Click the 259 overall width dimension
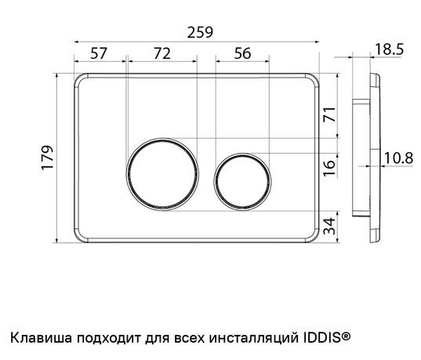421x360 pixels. tap(200, 32)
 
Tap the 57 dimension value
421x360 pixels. tap(99, 53)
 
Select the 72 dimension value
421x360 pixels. tap(162, 53)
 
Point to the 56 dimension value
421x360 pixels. tap(242, 53)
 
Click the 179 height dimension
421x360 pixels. tap(48, 158)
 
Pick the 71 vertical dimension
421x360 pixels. tap(329, 115)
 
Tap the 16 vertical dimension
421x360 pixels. tap(329, 168)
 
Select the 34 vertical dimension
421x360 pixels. tap(329, 226)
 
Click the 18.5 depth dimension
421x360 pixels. tap(389, 49)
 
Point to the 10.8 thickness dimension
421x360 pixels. tap(398, 158)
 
